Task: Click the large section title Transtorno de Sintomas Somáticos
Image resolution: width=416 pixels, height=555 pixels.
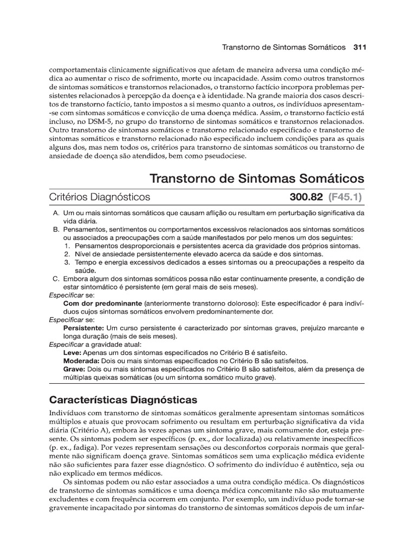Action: coord(257,178)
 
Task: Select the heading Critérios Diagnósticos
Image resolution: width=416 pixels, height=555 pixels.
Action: coord(100,197)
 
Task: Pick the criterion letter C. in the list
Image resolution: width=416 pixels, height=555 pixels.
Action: coord(56,279)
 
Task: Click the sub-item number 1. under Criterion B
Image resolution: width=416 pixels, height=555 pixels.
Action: coord(67,246)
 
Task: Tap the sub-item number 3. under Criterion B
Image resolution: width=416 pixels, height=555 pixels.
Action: coord(67,262)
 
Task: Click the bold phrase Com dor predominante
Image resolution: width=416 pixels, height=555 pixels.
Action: coord(102,304)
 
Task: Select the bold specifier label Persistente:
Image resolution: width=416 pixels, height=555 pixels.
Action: coord(83,328)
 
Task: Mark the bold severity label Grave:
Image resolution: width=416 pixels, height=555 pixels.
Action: coord(75,369)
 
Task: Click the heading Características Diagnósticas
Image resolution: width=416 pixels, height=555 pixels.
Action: coord(123,401)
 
